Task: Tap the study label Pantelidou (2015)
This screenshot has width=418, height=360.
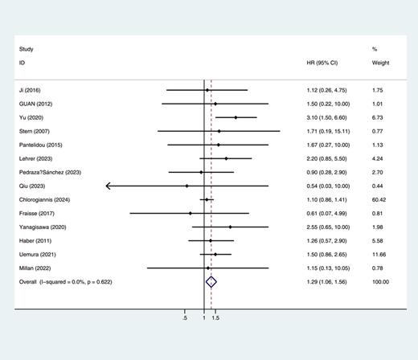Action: [x=40, y=145]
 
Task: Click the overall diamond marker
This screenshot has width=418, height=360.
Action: [x=211, y=282]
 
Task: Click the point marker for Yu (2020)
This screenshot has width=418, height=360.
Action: [x=236, y=117]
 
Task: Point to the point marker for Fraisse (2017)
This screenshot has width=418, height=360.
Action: [x=191, y=213]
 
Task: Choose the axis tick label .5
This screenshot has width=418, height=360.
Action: [x=186, y=318]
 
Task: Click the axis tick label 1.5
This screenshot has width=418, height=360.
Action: [x=215, y=318]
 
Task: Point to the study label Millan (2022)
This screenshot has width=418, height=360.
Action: [x=35, y=268]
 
